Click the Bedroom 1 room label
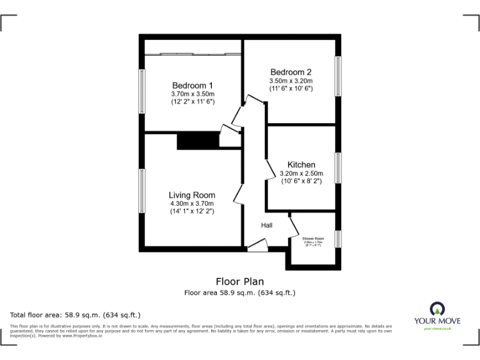(192, 86)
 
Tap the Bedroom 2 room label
(291, 72)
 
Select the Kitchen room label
(301, 164)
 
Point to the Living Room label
(192, 195)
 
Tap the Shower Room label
(313, 238)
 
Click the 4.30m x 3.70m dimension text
(192, 203)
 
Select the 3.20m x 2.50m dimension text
(301, 172)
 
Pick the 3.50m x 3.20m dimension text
(291, 81)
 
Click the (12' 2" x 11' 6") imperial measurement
(192, 101)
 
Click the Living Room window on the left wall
(142, 191)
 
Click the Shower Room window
(337, 239)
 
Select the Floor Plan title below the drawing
(239, 281)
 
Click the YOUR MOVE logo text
(437, 321)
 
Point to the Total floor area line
(76, 314)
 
